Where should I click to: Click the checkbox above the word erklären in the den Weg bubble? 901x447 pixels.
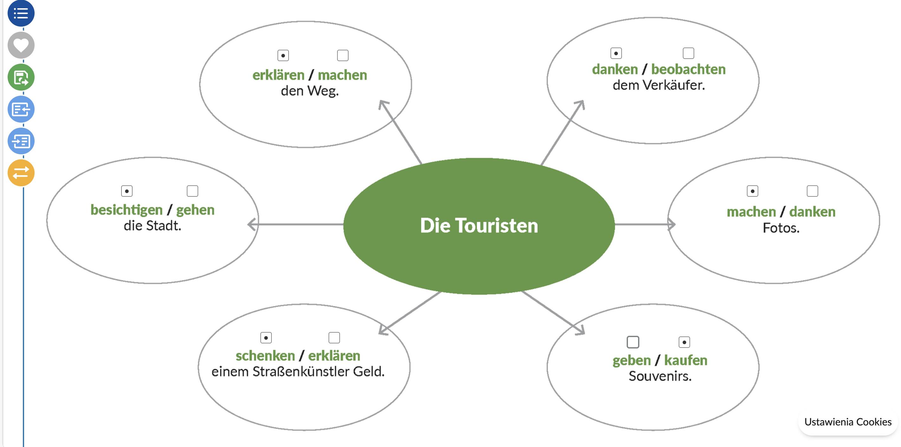coord(283,55)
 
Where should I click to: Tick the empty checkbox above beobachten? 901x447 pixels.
coord(688,53)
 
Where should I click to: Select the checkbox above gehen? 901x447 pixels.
coord(193,191)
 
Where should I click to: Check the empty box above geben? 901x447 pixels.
coord(632,342)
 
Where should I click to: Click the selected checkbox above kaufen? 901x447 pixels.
coord(684,342)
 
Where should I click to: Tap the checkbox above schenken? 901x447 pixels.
coord(266,338)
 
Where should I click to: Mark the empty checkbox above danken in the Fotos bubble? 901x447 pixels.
coord(812,191)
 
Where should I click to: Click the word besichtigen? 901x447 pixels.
coord(127,210)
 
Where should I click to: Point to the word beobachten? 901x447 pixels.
coord(688,69)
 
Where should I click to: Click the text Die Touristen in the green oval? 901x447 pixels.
coord(479,226)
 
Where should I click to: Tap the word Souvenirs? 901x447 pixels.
coord(660,376)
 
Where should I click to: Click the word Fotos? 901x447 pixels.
coord(781,228)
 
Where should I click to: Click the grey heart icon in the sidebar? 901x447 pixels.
coord(21,45)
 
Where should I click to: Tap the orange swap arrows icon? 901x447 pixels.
coord(21,173)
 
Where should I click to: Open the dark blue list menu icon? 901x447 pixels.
coord(21,14)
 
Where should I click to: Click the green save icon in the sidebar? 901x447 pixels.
coord(21,77)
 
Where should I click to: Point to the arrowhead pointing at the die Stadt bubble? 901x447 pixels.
coord(252,224)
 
